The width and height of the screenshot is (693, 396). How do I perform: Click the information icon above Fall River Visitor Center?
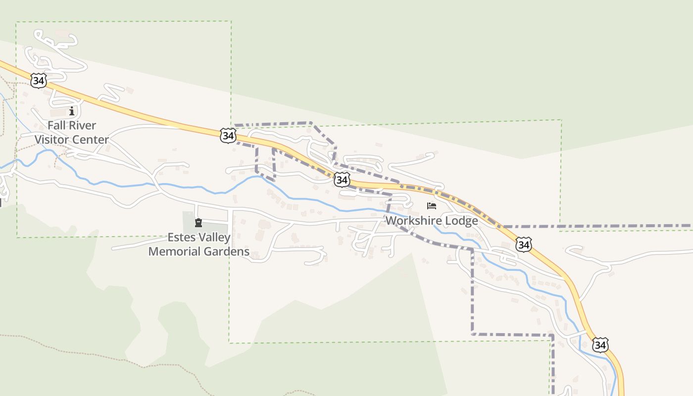(72, 111)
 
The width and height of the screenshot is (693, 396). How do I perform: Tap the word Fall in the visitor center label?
(57, 126)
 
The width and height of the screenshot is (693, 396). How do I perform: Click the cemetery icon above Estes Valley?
(198, 223)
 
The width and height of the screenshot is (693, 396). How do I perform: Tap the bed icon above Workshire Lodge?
(432, 206)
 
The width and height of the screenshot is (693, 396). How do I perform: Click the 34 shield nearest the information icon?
(38, 80)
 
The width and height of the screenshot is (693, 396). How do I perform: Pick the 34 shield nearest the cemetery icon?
(228, 135)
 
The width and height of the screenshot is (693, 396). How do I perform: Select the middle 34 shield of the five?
(342, 179)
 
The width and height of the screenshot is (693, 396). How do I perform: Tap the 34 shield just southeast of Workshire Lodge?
(523, 244)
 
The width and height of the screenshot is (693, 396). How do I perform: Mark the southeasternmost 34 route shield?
(600, 345)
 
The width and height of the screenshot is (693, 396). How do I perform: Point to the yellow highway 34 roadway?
(148, 118)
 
